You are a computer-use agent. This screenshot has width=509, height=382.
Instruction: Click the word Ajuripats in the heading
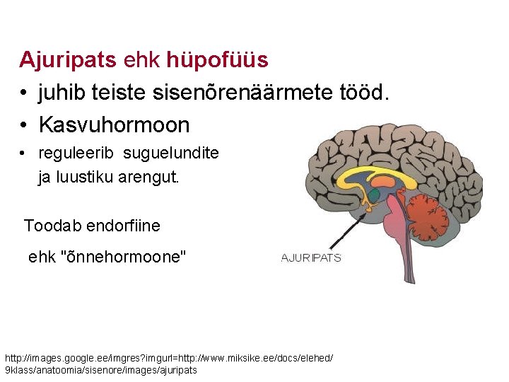click(x=67, y=59)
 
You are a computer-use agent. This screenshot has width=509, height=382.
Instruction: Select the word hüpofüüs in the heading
click(x=217, y=60)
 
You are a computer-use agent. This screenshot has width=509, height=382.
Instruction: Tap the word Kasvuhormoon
click(x=114, y=125)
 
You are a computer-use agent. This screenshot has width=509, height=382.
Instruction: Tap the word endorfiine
click(x=123, y=226)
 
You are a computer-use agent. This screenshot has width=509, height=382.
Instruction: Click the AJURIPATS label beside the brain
click(x=311, y=258)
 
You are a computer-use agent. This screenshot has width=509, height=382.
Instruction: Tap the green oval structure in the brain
click(x=373, y=193)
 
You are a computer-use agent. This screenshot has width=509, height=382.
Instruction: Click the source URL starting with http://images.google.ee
click(x=169, y=364)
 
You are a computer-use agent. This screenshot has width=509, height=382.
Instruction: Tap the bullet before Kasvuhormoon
click(x=24, y=126)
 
